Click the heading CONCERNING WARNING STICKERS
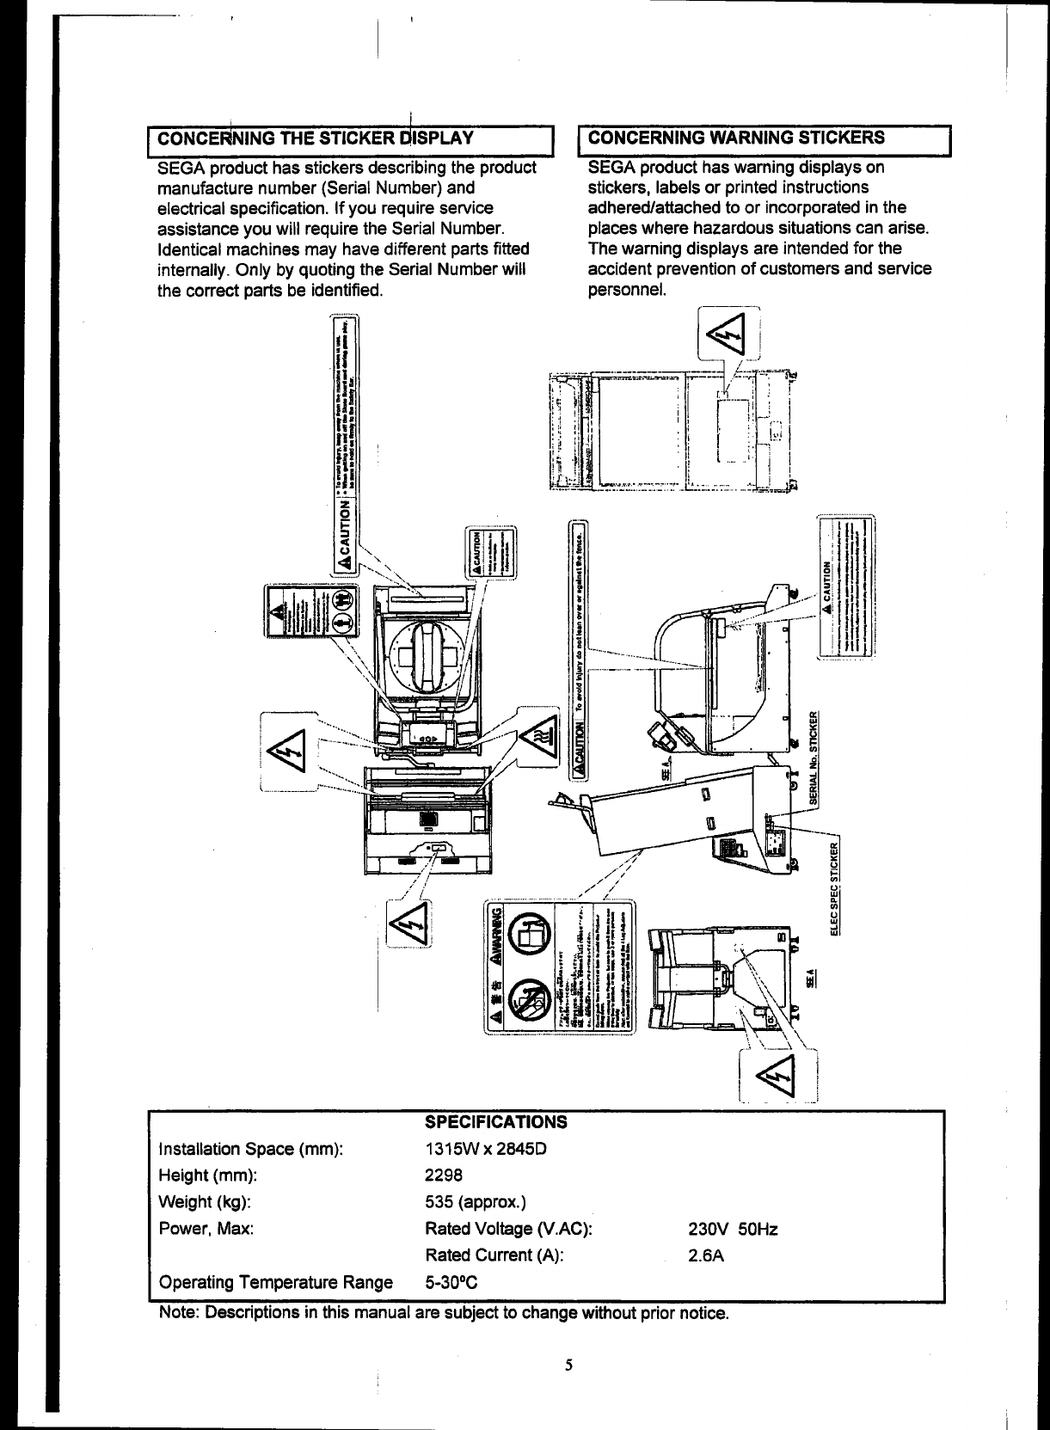pyautogui.click(x=737, y=138)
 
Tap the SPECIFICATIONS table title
pyautogui.click(x=496, y=1122)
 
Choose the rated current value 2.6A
pyautogui.click(x=705, y=1256)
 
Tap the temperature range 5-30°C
pyautogui.click(x=451, y=1283)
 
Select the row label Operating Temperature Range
pyautogui.click(x=275, y=1283)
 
